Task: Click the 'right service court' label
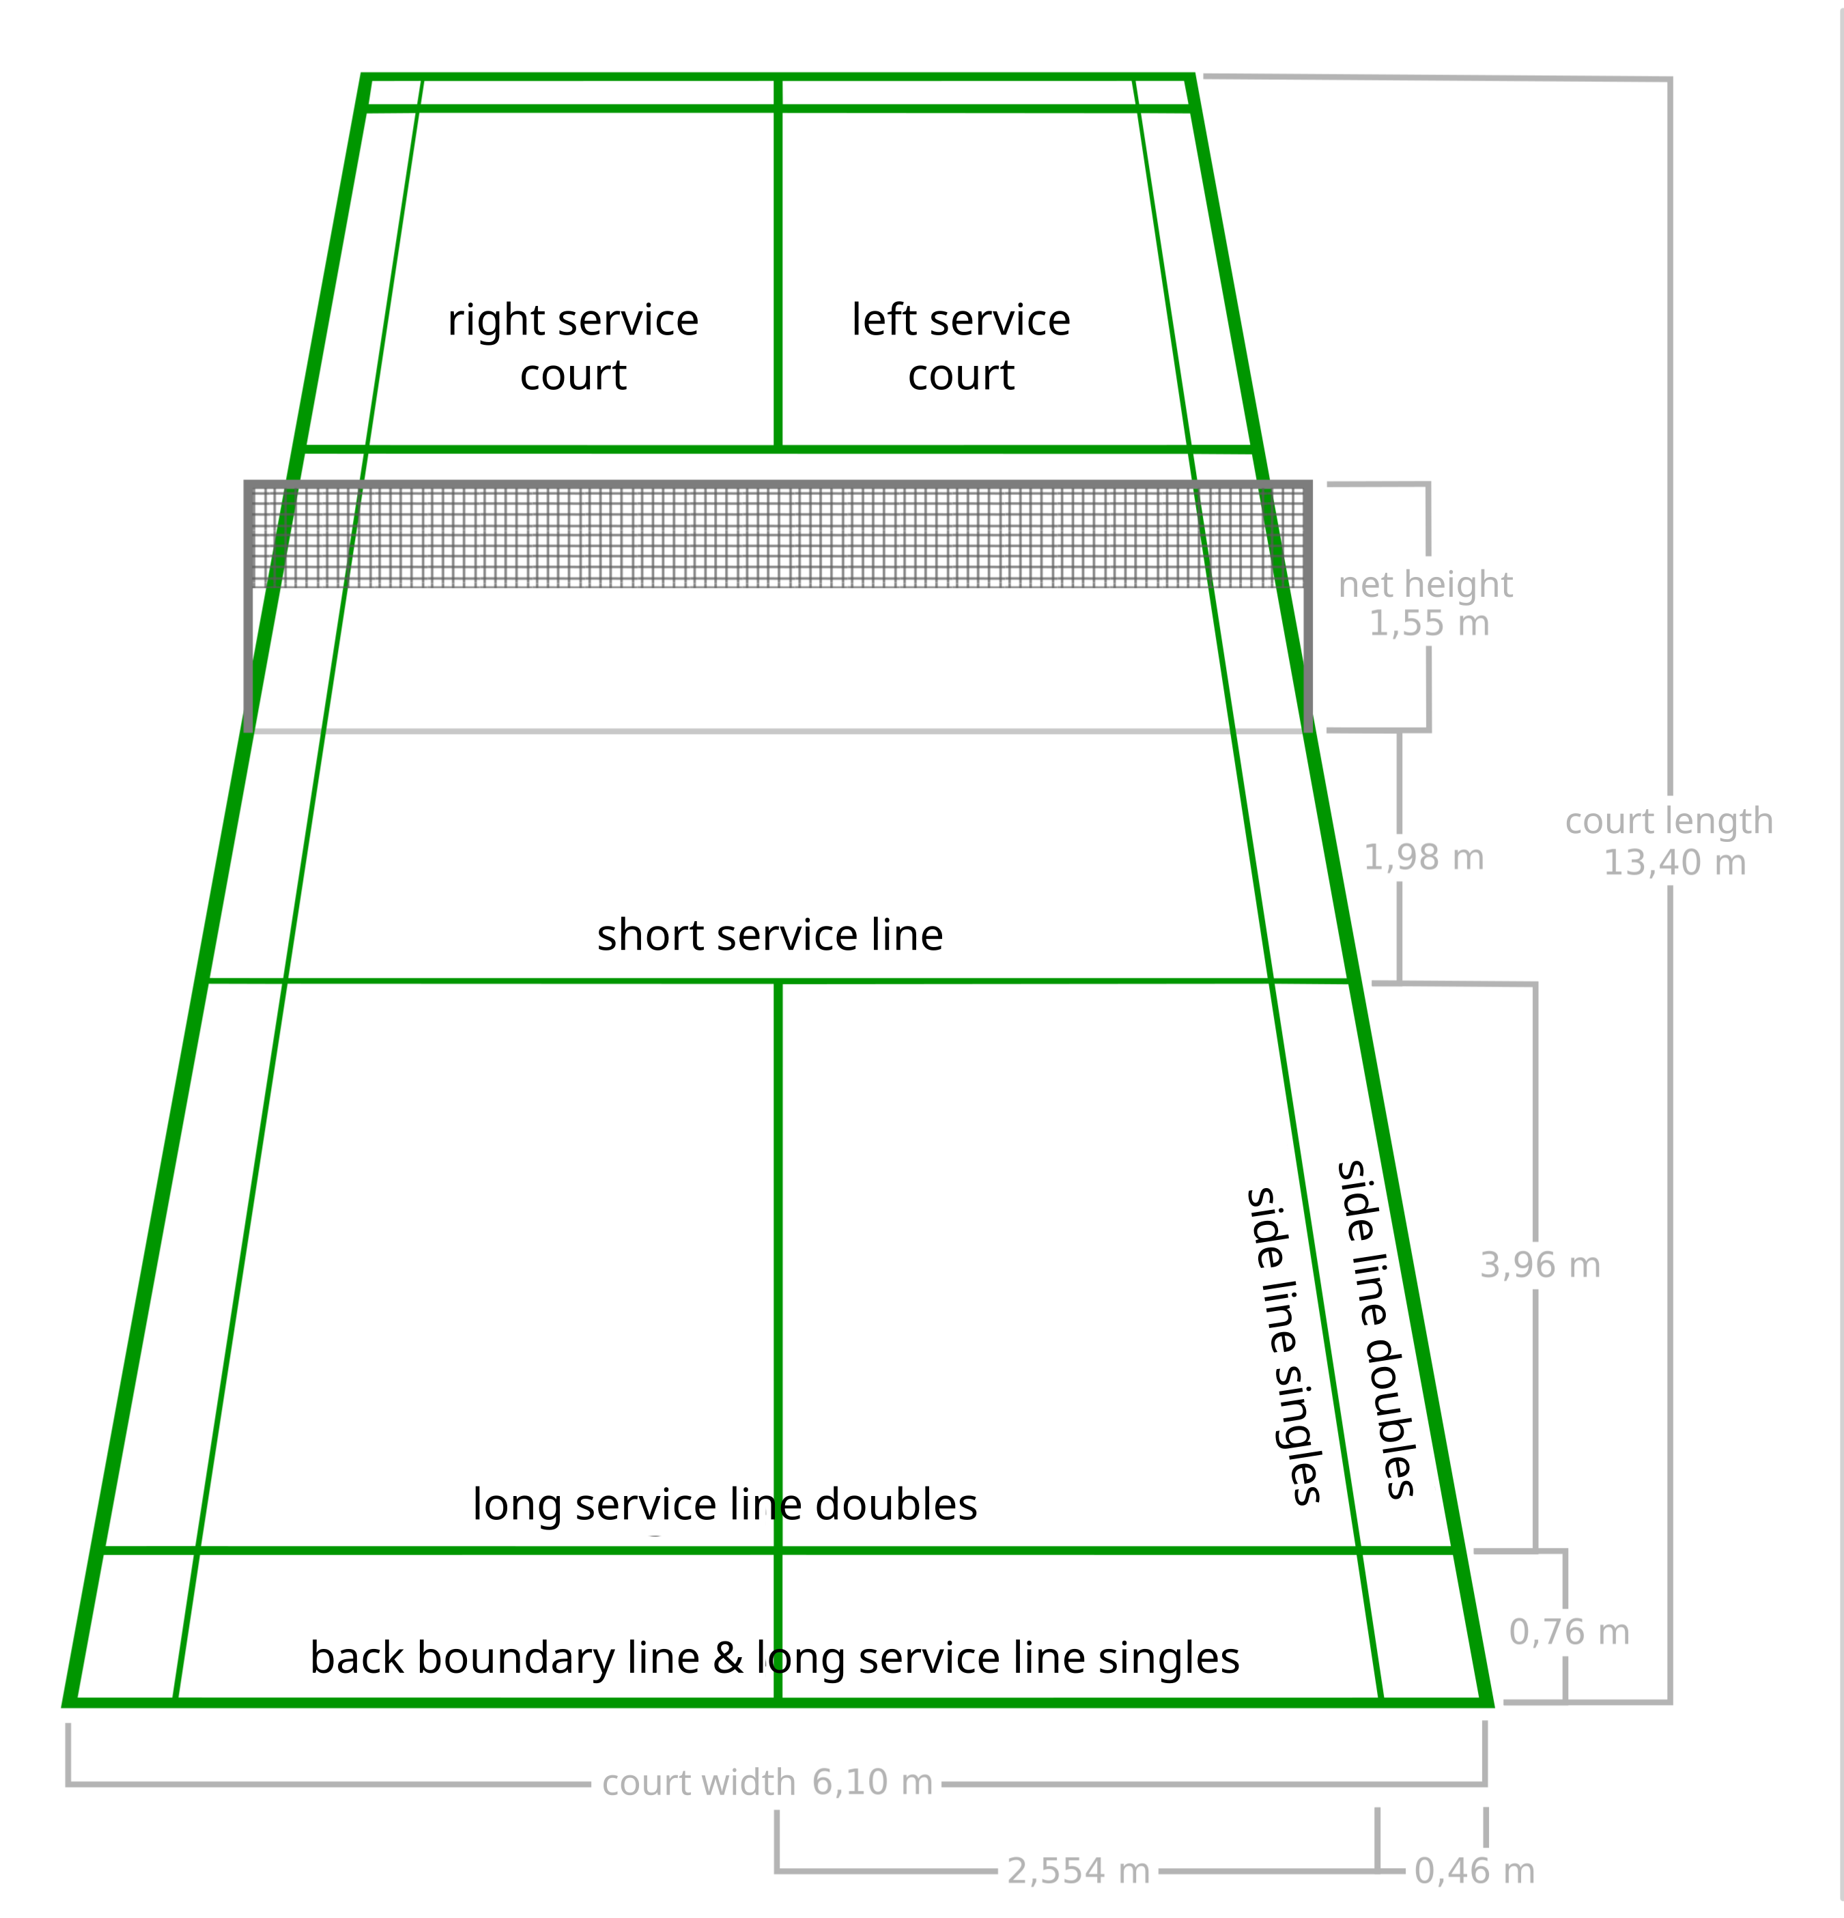573,348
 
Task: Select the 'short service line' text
770,935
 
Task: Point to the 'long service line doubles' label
725,1505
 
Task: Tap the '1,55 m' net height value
1428,623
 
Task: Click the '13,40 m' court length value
1675,863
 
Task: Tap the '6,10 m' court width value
873,1783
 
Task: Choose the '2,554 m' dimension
1078,1872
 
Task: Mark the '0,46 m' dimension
1474,1872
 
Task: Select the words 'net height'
1425,586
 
